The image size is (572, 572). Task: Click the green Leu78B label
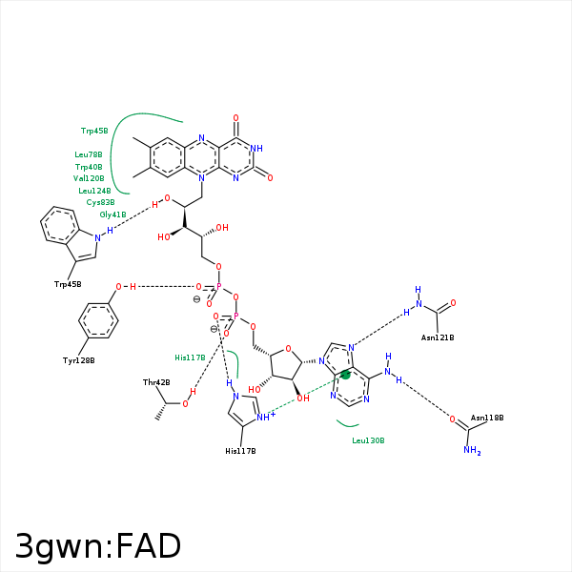tap(89, 154)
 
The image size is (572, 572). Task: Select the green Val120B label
tap(89, 178)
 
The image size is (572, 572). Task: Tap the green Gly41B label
tap(112, 214)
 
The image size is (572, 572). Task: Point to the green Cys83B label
tap(100, 202)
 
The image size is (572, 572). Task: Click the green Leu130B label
tap(368, 440)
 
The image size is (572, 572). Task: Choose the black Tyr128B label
tap(79, 360)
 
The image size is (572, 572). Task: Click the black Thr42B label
tap(156, 382)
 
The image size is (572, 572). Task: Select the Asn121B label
tap(438, 337)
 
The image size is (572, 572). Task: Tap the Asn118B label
tap(487, 418)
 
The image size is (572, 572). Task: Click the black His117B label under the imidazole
tap(240, 451)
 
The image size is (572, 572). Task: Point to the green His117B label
tap(190, 357)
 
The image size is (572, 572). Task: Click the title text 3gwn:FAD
tap(98, 546)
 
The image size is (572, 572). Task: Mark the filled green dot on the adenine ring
tap(345, 375)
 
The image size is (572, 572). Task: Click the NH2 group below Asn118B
tap(472, 451)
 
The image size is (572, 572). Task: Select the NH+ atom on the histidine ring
tap(266, 417)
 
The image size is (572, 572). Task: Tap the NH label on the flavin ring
tap(256, 149)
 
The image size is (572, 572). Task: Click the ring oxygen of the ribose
tap(288, 349)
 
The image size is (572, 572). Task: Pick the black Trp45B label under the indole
tap(68, 284)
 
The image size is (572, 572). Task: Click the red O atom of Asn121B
tap(453, 303)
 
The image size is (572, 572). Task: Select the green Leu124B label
tap(94, 191)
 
